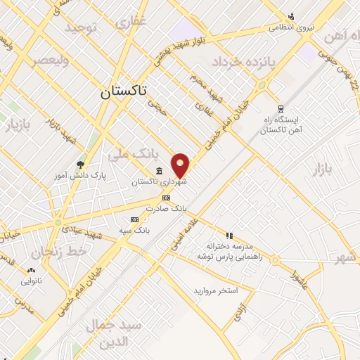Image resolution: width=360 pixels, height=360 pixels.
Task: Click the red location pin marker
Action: point(181,166)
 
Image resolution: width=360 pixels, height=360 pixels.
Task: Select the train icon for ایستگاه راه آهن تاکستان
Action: point(281,108)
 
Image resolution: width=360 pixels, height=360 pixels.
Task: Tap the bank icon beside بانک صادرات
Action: point(166,198)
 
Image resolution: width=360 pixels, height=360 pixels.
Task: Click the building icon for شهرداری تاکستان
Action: point(159,171)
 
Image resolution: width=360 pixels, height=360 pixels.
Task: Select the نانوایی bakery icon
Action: point(31,270)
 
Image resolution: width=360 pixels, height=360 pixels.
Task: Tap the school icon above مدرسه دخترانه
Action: point(229,236)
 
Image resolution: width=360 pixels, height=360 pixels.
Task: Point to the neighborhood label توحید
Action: point(80,28)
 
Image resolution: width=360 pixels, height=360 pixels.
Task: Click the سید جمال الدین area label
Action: point(114,333)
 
